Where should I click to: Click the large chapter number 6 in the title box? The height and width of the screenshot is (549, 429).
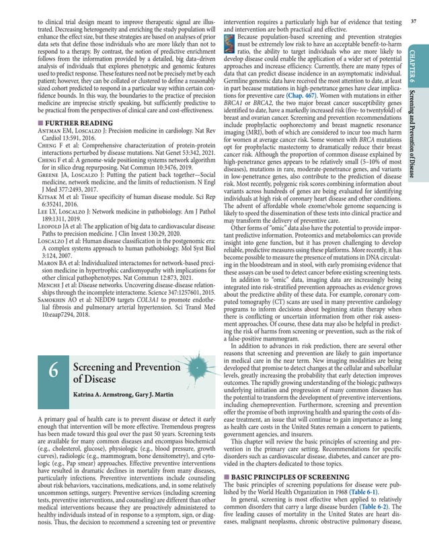click(54, 371)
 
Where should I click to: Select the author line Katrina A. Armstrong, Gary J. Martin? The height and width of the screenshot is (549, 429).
click(116, 392)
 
